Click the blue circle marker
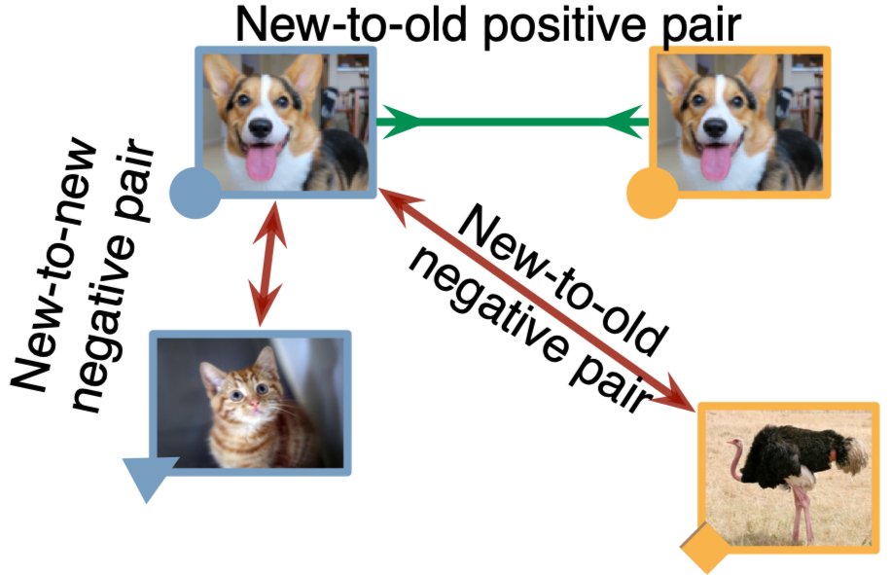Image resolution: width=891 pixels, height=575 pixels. tap(195, 193)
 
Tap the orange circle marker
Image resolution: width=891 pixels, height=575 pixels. tap(652, 193)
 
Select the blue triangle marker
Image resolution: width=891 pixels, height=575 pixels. tap(147, 476)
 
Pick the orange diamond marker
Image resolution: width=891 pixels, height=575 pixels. tap(705, 549)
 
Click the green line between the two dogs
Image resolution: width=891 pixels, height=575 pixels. tap(513, 122)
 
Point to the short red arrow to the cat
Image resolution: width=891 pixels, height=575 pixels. tap(267, 263)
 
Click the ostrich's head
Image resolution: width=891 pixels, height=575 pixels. tap(736, 446)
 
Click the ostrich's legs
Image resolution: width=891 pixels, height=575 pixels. tap(801, 513)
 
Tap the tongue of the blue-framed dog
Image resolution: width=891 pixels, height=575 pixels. tap(262, 162)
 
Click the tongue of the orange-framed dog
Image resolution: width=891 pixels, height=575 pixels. tap(717, 162)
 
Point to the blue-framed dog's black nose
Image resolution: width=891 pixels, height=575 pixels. tap(261, 127)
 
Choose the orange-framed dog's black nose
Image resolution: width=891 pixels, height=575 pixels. tap(716, 127)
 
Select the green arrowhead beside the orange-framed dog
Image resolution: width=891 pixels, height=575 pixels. tap(625, 122)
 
